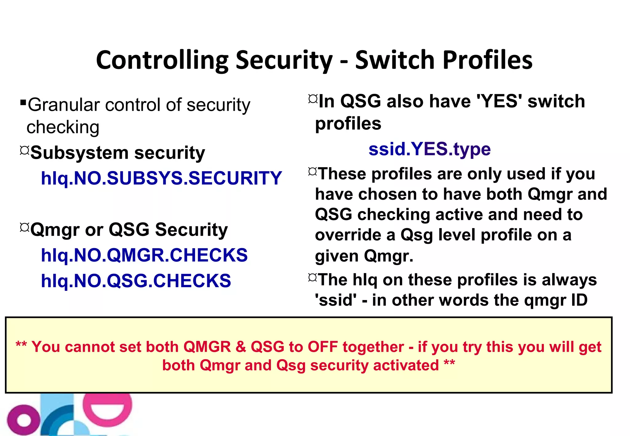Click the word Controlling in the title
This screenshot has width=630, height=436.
tap(162, 60)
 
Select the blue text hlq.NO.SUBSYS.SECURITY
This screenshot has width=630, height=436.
tap(161, 178)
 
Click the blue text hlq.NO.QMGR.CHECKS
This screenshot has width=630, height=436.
tap(144, 255)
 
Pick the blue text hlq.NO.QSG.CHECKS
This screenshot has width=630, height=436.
tap(136, 281)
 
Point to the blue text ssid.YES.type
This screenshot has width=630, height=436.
tap(429, 149)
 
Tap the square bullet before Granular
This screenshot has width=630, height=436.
tap(23, 102)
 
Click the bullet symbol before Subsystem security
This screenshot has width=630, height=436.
tap(25, 150)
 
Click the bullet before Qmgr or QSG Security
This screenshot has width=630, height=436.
tap(25, 227)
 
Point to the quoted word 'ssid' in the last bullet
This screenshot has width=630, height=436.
tap(336, 300)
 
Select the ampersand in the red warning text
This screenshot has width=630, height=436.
tap(241, 347)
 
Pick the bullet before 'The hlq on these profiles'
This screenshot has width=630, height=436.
tap(312, 278)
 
